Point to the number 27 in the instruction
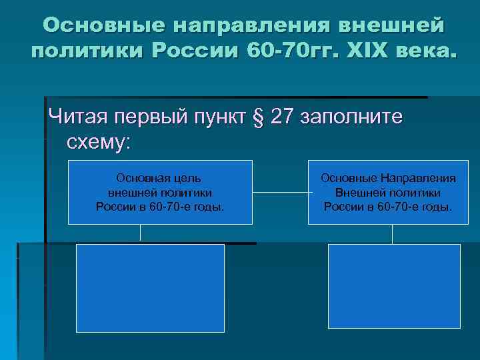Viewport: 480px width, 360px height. pyautogui.click(x=283, y=117)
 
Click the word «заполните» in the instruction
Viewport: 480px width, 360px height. pyautogui.click(x=352, y=117)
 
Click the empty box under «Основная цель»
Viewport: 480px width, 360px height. pyautogui.click(x=150, y=287)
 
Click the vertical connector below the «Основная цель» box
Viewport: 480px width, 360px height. pyautogui.click(x=141, y=234)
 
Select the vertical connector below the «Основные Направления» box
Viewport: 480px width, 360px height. pyautogui.click(x=392, y=234)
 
